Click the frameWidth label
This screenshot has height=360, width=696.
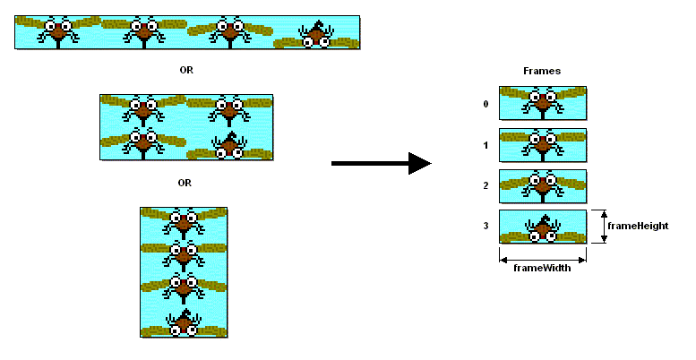542,267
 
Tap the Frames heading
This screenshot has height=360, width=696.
541,71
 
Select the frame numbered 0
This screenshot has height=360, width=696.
542,103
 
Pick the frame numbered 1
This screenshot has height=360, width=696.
542,144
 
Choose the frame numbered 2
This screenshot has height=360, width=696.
542,186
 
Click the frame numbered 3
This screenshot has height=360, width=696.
542,227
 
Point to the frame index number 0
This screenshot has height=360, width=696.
485,104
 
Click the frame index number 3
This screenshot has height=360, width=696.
485,227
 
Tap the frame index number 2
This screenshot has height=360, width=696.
485,185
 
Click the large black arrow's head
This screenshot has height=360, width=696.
419,163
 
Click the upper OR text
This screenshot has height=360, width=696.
186,70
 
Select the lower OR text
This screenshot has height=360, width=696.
185,183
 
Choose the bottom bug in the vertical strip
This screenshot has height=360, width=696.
184,322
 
